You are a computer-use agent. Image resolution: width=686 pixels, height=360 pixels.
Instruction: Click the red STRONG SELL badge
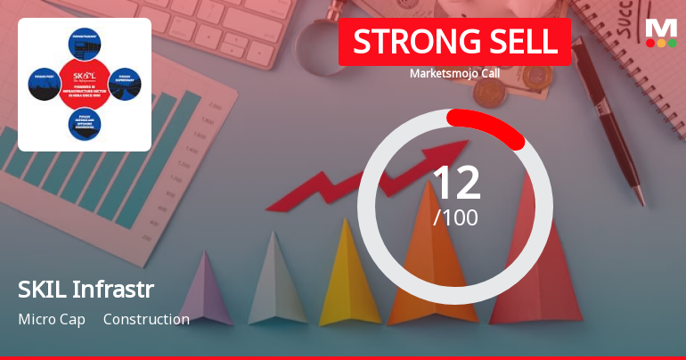[x=454, y=42]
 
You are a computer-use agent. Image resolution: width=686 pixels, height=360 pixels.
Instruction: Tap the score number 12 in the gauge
[x=455, y=183]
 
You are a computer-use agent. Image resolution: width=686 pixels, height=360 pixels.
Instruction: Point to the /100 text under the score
[x=455, y=217]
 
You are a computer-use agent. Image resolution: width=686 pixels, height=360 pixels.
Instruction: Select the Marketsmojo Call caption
[x=454, y=73]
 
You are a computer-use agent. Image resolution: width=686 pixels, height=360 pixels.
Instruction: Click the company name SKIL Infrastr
[x=86, y=289]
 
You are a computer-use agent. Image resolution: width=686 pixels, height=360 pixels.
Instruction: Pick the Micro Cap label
[x=51, y=319]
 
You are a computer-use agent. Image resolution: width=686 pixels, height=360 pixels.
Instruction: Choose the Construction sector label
[x=146, y=319]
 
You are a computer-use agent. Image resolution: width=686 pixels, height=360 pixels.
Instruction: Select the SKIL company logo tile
[x=85, y=85]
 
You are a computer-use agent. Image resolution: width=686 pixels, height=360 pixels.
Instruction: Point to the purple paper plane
[x=204, y=290]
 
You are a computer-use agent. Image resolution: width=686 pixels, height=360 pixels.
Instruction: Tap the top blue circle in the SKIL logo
[x=85, y=44]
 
